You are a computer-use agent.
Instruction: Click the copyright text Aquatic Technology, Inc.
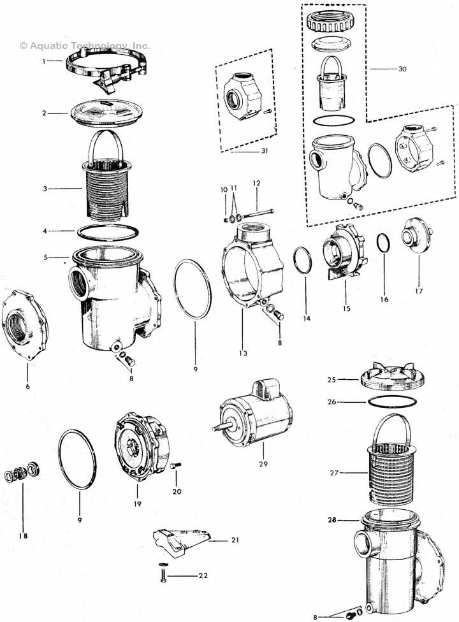[x=85, y=46]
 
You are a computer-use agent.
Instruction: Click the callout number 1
[x=44, y=61]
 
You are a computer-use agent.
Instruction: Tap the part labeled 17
[x=416, y=238]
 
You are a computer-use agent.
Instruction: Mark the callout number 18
[x=23, y=537]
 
